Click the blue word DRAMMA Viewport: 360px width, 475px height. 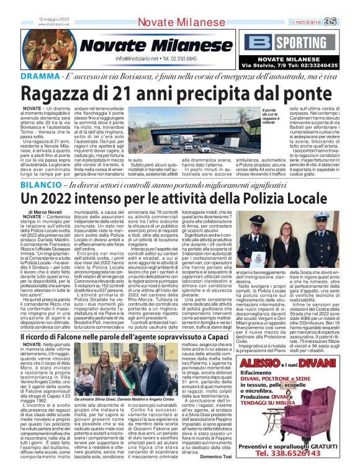tap(21, 76)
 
